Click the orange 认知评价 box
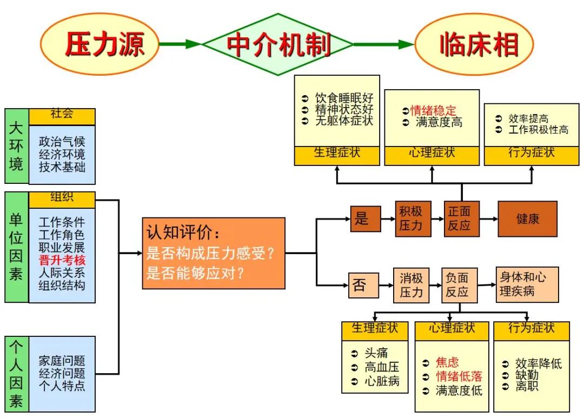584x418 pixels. click(x=213, y=253)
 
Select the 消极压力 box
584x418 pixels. click(x=411, y=286)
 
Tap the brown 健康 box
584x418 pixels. click(x=527, y=219)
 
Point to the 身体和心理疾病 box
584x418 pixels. click(x=527, y=284)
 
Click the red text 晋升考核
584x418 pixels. click(x=62, y=260)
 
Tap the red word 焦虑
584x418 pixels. click(x=447, y=362)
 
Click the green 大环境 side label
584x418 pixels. click(x=17, y=147)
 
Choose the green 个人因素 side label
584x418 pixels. click(x=17, y=374)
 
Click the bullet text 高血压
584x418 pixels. click(x=382, y=367)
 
